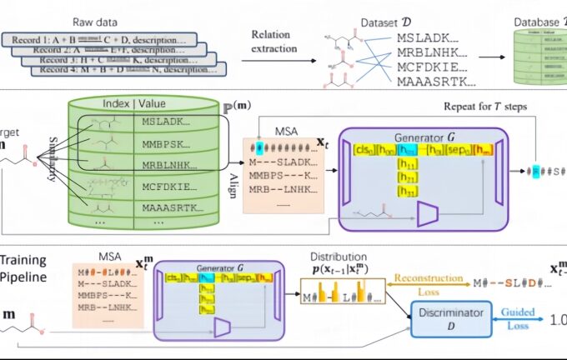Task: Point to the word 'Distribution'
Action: pyautogui.click(x=338, y=256)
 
